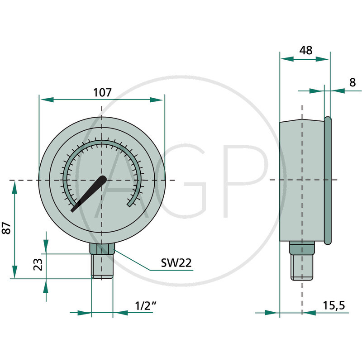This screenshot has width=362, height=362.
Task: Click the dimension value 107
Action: click(x=102, y=92)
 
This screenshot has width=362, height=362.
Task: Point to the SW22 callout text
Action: click(x=176, y=263)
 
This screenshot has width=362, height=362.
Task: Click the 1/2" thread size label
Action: click(x=146, y=306)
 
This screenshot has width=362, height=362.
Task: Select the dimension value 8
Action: click(x=352, y=82)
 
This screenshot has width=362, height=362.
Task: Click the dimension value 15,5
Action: click(x=334, y=305)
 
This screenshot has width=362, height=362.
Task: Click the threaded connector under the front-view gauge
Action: click(x=102, y=267)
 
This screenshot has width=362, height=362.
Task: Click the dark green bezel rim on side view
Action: click(x=328, y=181)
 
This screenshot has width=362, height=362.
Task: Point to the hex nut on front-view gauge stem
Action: click(x=102, y=249)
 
